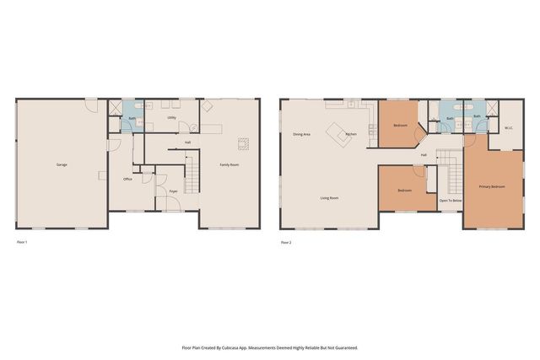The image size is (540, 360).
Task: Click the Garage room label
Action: click(x=62, y=164)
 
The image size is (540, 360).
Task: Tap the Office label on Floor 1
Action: click(x=127, y=180)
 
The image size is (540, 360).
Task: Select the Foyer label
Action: click(x=173, y=192)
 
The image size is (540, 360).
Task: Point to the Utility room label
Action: click(x=171, y=118)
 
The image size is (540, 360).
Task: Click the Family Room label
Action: click(x=229, y=164)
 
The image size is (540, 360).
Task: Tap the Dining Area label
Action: click(x=301, y=135)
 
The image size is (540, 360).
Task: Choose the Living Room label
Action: click(x=329, y=198)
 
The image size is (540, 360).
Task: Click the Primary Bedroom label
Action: click(x=492, y=186)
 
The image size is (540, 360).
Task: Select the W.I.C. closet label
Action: click(x=509, y=128)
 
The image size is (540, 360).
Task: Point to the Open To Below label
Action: click(x=450, y=201)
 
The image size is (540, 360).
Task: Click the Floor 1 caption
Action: click(x=23, y=243)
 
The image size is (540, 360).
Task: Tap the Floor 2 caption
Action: click(x=285, y=243)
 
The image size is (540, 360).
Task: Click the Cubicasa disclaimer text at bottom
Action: click(x=270, y=347)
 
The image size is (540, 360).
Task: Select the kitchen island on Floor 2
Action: click(x=342, y=132)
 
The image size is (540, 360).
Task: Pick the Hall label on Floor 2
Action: click(x=424, y=155)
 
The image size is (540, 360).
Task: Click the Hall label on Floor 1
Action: click(x=187, y=142)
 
